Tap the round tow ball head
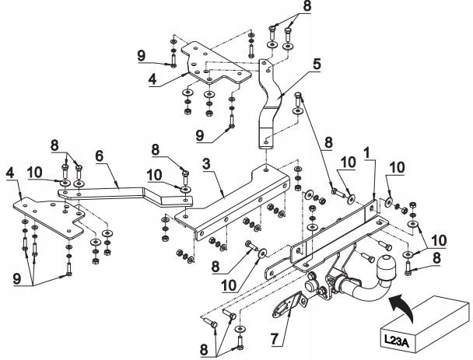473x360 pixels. click(386, 265)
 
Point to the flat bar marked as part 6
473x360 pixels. click(124, 191)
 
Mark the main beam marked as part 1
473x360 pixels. click(335, 233)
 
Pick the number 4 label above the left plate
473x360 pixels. click(9, 171)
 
